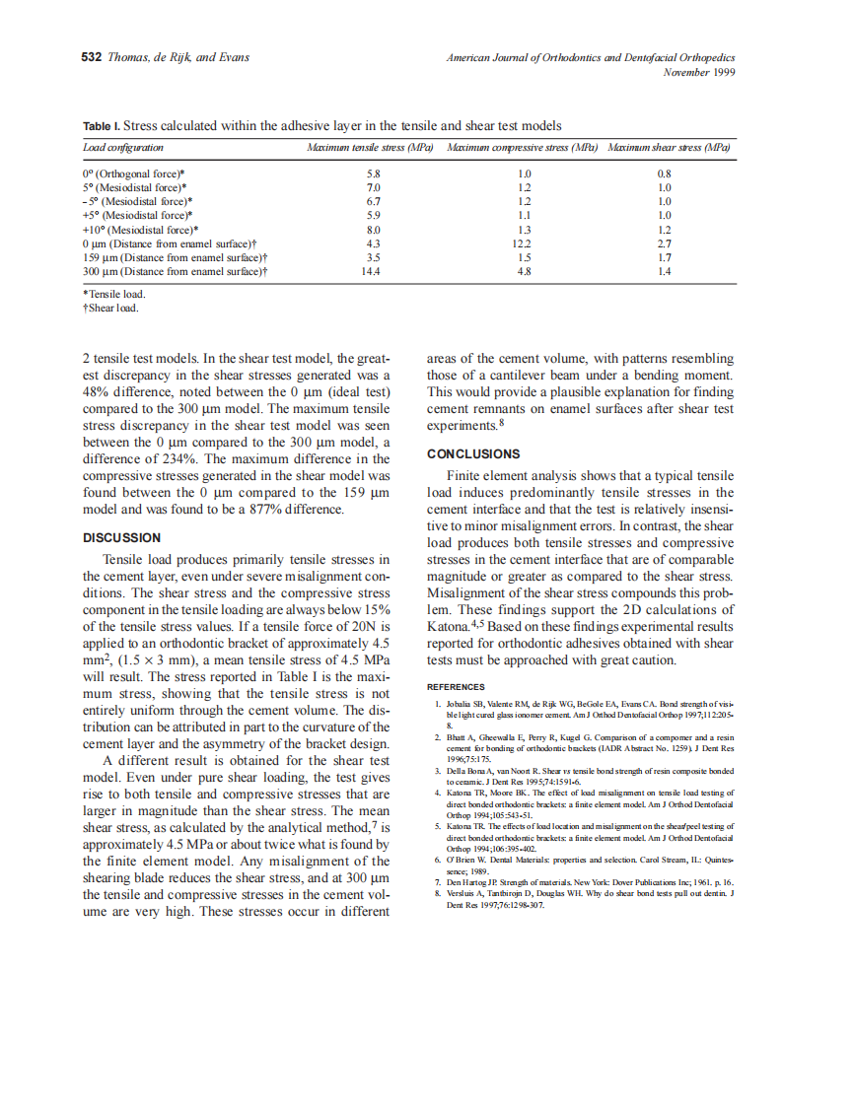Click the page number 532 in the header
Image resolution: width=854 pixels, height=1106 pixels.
[x=91, y=57]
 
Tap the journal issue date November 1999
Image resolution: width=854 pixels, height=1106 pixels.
[x=699, y=72]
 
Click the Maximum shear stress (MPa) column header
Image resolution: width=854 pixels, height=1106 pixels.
[x=669, y=147]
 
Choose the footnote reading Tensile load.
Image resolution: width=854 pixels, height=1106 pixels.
[x=115, y=294]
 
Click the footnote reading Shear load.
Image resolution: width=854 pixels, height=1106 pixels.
[x=112, y=308]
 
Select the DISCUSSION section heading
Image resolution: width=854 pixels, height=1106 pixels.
[x=121, y=538]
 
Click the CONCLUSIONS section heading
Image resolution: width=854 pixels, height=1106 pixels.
[x=472, y=454]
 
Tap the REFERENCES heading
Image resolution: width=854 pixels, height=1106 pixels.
[x=455, y=687]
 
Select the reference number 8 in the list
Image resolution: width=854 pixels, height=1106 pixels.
[x=438, y=893]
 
